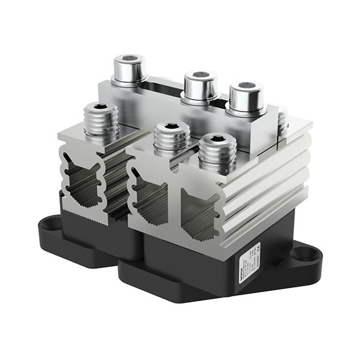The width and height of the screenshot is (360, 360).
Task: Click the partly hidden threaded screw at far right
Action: click(x=283, y=124)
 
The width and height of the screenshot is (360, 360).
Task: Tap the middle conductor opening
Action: click(x=148, y=198)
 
